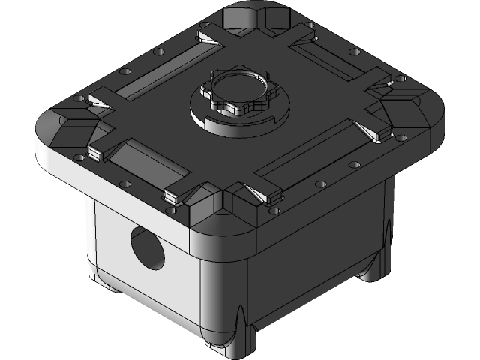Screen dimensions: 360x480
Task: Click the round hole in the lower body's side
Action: tap(147, 247)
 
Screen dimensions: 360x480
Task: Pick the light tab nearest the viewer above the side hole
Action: tap(172, 197)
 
